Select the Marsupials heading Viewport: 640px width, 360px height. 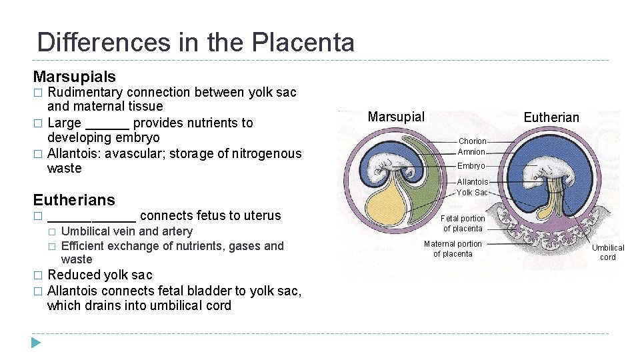[x=74, y=77]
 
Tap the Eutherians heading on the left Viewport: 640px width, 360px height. [x=74, y=200]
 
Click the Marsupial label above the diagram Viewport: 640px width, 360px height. [x=396, y=117]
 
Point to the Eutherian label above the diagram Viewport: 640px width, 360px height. [x=551, y=118]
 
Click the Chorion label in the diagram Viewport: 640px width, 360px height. [x=472, y=141]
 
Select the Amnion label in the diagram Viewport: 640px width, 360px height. [x=471, y=152]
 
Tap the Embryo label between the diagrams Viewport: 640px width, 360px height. [x=471, y=166]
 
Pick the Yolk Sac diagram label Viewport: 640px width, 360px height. [x=472, y=193]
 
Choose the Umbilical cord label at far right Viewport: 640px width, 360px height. [x=608, y=253]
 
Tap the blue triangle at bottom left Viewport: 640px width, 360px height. [x=36, y=343]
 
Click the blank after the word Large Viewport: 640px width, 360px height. [x=107, y=123]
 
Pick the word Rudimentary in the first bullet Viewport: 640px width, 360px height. [x=85, y=92]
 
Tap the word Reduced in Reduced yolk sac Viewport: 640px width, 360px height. [x=72, y=275]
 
